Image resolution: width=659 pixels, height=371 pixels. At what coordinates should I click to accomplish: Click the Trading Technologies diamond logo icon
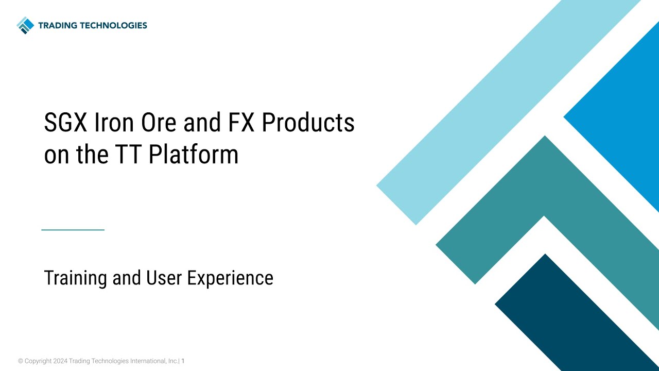pyautogui.click(x=25, y=25)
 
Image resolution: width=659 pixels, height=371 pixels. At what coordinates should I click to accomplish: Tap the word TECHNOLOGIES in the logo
pyautogui.click(x=114, y=25)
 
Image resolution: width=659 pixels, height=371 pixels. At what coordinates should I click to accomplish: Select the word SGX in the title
pyautogui.click(x=64, y=124)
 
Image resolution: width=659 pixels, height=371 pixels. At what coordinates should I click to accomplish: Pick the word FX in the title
pyautogui.click(x=237, y=124)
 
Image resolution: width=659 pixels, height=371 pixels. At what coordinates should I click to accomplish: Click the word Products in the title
pyautogui.click(x=308, y=124)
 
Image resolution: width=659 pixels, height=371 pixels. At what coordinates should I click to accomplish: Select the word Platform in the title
pyautogui.click(x=193, y=155)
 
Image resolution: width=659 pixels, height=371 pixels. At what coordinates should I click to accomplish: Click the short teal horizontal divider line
pyautogui.click(x=73, y=230)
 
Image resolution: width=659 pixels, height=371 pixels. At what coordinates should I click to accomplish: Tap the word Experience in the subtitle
pyautogui.click(x=230, y=278)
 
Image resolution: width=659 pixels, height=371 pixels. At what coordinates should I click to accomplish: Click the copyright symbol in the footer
pyautogui.click(x=21, y=361)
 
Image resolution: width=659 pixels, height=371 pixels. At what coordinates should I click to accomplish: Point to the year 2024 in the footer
pyautogui.click(x=60, y=361)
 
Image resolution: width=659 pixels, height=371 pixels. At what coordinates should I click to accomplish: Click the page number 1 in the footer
pyautogui.click(x=183, y=361)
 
